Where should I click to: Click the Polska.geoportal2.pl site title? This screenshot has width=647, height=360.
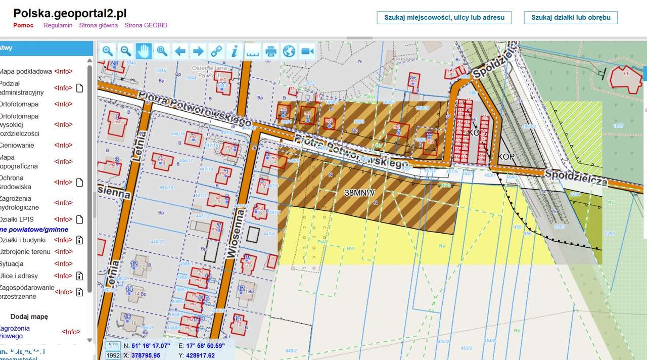coord(70,14)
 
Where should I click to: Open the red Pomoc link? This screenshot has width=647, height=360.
coord(23,25)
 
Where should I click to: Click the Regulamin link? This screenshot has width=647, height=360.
coord(58,25)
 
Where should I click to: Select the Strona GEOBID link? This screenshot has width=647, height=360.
coord(146,25)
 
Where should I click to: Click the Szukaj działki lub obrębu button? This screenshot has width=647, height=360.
coord(571,18)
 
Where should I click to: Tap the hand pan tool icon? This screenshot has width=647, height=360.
coord(144,51)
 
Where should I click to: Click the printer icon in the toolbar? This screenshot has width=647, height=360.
coord(271,51)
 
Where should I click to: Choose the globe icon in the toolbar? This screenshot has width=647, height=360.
coord(289,51)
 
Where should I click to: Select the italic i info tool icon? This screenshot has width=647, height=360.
coord(234,51)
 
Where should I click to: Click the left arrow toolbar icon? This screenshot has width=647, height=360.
coord(180,51)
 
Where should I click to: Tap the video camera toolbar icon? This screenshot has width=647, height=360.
coord(307,51)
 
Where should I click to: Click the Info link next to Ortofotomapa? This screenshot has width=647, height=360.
coord(63,104)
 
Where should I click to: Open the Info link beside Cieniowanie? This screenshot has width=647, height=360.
coord(63,145)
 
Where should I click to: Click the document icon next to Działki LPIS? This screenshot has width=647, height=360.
coord(79,219)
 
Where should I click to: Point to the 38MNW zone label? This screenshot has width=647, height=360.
coord(359,193)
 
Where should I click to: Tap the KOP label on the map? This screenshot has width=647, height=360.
coord(506,157)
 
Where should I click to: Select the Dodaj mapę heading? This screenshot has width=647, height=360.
coord(29,317)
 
